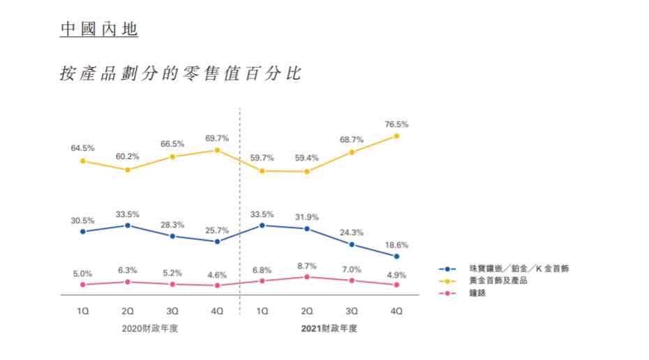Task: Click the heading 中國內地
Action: pos(98,30)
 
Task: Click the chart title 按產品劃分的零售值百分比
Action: pos(181,73)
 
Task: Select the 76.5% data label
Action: pos(396,124)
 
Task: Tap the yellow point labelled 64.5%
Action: pos(82,161)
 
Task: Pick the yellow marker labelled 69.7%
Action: pos(217,150)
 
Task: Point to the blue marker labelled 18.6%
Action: pos(396,257)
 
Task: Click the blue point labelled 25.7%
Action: pos(217,241)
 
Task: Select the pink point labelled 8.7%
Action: pos(306,277)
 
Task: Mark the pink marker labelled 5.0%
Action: pos(82,285)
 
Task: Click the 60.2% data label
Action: pos(127,156)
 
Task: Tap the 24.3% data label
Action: pos(351,232)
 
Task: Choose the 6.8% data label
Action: pos(262,269)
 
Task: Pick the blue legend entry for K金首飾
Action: pos(516,269)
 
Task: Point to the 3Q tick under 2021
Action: pos(352,310)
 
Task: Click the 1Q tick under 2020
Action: pos(82,310)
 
